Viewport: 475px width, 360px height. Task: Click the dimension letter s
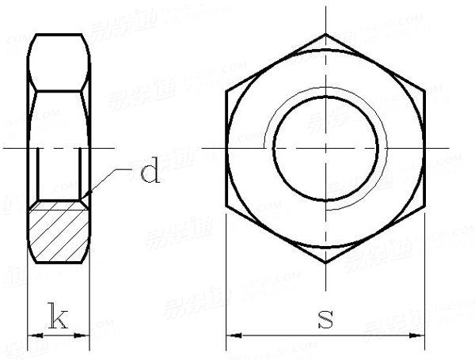(x=324, y=319)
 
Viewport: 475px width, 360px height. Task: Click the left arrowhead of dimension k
(x=32, y=336)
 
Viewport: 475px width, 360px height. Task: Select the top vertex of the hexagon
(x=325, y=34)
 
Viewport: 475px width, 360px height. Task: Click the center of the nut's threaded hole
(x=325, y=148)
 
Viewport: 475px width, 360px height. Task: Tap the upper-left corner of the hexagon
(x=226, y=91)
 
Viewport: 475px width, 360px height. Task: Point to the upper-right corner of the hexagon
(x=424, y=91)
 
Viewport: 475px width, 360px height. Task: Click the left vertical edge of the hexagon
(x=226, y=148)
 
